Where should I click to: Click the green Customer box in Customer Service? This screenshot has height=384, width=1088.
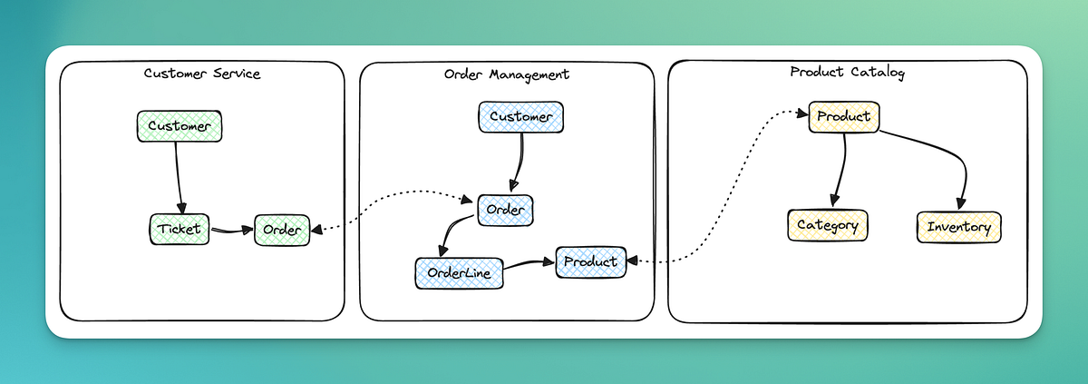(x=179, y=126)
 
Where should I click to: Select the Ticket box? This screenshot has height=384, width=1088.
(x=179, y=229)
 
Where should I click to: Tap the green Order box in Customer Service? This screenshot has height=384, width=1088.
(x=282, y=230)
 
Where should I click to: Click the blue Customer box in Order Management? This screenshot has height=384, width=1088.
(x=520, y=117)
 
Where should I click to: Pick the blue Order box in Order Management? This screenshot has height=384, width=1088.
(x=505, y=211)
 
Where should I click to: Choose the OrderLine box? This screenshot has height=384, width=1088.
(x=459, y=272)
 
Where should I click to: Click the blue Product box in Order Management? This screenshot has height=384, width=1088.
(x=590, y=261)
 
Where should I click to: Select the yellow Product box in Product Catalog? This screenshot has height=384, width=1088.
(x=843, y=117)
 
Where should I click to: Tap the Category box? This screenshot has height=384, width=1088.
(x=827, y=225)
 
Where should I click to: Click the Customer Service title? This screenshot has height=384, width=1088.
(x=202, y=74)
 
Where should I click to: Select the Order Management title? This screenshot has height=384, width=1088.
(x=507, y=74)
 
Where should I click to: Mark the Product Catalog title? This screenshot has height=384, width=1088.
(x=847, y=73)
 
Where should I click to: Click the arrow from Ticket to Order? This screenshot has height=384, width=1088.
(x=231, y=230)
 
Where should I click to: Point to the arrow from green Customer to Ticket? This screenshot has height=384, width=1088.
(x=179, y=177)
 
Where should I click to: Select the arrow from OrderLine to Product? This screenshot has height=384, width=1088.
(x=528, y=264)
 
